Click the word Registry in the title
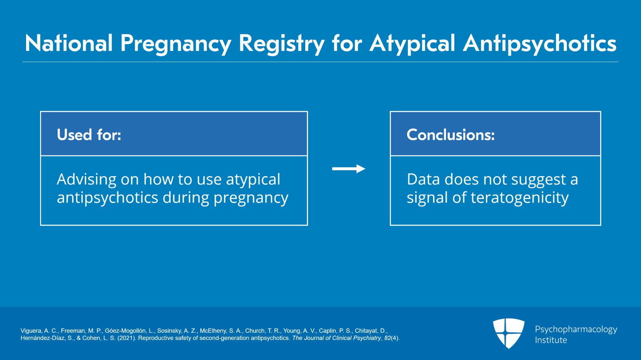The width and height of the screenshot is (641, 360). tap(281, 43)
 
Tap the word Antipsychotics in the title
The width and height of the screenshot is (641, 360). tap(539, 43)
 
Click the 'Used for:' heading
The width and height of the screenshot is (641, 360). tap(89, 135)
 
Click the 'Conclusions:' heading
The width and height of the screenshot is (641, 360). tap(450, 135)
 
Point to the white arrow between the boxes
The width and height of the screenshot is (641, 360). tap(348, 169)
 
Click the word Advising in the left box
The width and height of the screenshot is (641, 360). tap(86, 180)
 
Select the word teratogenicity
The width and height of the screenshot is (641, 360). tap(520, 198)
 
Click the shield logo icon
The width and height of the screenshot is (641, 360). tap(508, 333)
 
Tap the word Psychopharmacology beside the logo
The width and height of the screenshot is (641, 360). tap(576, 330)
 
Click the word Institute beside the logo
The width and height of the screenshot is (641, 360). tap(551, 340)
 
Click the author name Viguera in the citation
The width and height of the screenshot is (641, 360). tap(31, 331)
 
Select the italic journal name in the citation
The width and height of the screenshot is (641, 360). tap(337, 338)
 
